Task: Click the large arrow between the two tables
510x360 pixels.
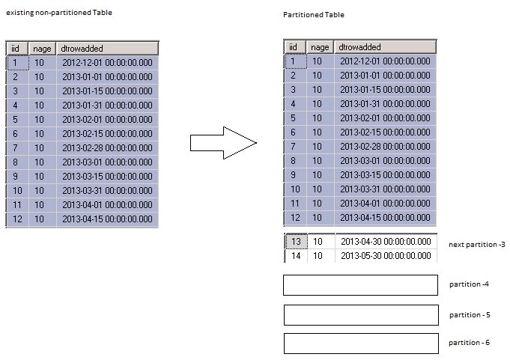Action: coord(223,143)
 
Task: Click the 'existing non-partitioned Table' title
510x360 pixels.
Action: coord(59,13)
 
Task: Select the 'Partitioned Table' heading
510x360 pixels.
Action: coord(314,15)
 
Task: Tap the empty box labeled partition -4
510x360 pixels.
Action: coord(360,285)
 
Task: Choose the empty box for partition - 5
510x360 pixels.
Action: coord(361,315)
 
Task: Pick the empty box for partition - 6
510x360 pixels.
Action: coord(361,343)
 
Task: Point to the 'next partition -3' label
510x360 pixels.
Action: coord(477,245)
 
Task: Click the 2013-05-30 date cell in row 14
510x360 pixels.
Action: coord(386,256)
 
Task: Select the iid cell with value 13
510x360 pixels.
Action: coord(296,242)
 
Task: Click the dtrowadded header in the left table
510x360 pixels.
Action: coord(107,49)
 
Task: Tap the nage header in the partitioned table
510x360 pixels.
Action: coord(320,47)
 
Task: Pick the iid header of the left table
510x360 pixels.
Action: coord(17,49)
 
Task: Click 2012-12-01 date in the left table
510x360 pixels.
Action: coord(107,62)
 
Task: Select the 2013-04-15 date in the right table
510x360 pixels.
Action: coord(385,217)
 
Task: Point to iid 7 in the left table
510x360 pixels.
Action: coord(15,148)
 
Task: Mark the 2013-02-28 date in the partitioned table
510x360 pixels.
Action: coord(385,147)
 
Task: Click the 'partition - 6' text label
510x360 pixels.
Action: coord(469,343)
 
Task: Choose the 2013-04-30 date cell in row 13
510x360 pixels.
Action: coord(386,242)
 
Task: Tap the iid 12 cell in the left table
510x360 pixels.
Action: coord(17,219)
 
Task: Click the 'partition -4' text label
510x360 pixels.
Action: coord(469,284)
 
